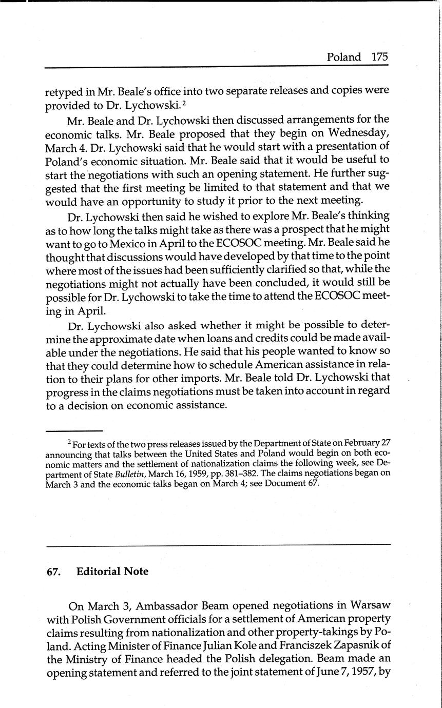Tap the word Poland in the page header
point(344,57)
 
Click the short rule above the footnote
point(74,430)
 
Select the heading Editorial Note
point(112,572)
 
